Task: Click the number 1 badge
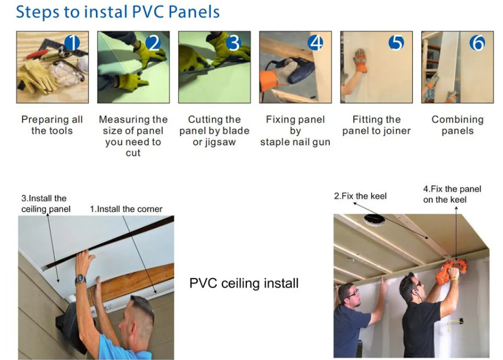[x=72, y=43]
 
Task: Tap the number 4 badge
[x=315, y=43]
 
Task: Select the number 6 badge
[x=478, y=43]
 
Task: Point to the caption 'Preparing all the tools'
[x=52, y=125]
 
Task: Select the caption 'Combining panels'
[x=458, y=125]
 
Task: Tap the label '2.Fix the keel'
[x=360, y=196]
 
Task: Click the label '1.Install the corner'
[x=126, y=209]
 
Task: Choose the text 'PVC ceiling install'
[x=244, y=283]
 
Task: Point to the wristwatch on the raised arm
[x=81, y=279]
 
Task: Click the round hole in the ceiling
[x=374, y=220]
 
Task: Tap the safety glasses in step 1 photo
[x=68, y=72]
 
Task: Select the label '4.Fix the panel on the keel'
[x=452, y=194]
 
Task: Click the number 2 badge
[x=153, y=43]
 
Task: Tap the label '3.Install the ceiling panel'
[x=45, y=204]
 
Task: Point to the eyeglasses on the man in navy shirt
[x=353, y=293]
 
